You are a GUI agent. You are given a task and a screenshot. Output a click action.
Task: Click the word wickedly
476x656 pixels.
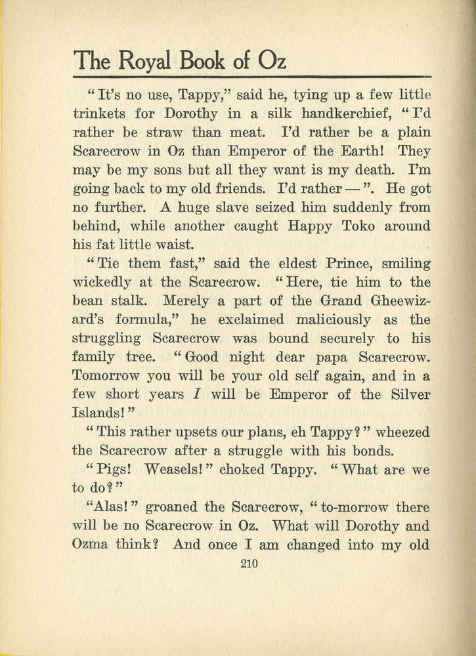tap(103, 283)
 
